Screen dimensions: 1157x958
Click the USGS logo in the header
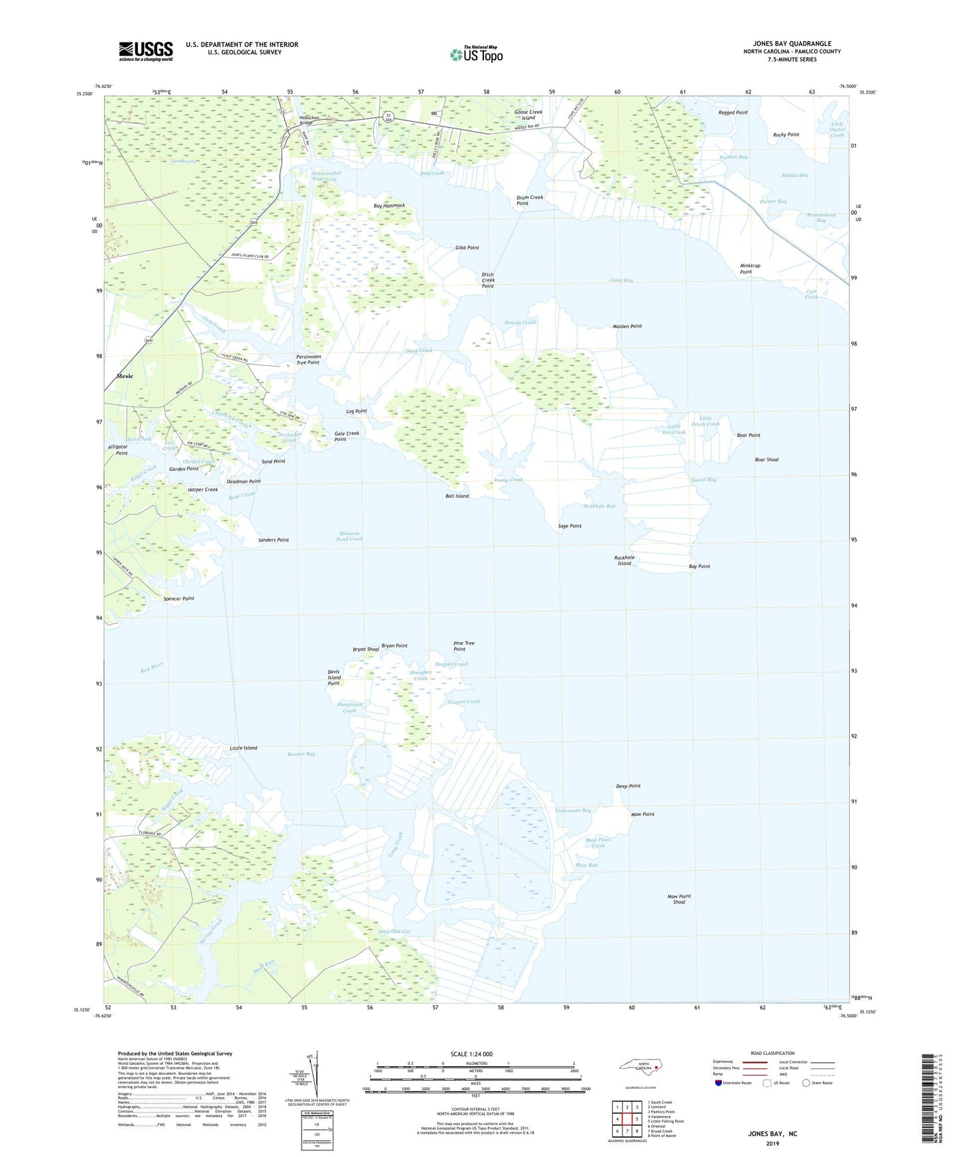(146, 51)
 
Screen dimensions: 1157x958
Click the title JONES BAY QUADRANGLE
(792, 44)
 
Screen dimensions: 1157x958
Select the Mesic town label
(125, 376)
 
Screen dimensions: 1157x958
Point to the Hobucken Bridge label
(306, 120)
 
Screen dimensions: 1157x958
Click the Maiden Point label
(627, 327)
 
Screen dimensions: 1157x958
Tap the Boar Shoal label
(766, 460)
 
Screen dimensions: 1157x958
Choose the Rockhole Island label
(624, 561)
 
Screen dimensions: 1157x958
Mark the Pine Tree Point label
(463, 646)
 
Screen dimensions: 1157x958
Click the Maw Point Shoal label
(679, 899)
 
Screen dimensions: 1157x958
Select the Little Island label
(243, 748)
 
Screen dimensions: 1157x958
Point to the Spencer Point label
(178, 599)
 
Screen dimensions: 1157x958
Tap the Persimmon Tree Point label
(308, 360)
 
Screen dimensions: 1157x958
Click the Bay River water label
(152, 668)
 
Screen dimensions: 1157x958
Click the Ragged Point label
(733, 113)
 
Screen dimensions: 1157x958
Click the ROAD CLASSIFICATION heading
(772, 1053)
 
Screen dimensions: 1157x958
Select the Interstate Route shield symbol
(719, 1083)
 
